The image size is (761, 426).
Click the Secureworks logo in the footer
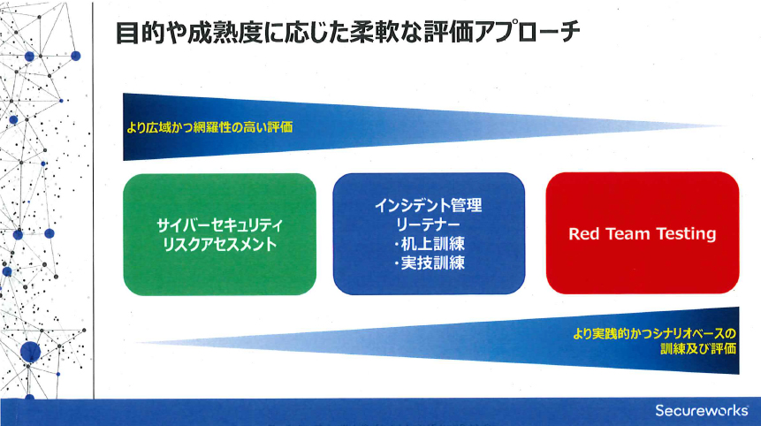tap(702, 410)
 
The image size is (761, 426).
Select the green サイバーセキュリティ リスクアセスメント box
tap(220, 234)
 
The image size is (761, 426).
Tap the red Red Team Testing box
tap(643, 233)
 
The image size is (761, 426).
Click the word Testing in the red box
tap(686, 234)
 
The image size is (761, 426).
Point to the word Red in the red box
tap(584, 234)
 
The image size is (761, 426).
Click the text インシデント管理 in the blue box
tap(429, 205)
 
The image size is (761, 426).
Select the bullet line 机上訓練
tap(429, 244)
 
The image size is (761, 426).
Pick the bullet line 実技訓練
tap(429, 263)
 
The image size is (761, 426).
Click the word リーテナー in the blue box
tap(428, 224)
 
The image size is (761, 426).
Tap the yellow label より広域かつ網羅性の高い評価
tap(209, 127)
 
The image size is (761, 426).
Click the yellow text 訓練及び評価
tap(698, 349)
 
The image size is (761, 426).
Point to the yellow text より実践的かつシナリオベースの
tap(654, 334)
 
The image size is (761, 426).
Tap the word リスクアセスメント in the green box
tap(220, 244)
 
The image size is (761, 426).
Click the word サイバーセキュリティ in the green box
tap(220, 225)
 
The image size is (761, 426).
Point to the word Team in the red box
tap(628, 234)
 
